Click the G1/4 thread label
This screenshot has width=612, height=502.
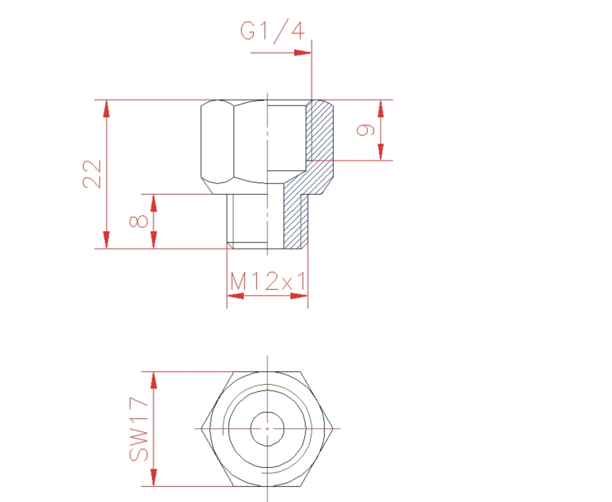[272, 31]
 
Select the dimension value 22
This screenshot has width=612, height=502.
[93, 173]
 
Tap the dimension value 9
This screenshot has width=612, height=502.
[366, 130]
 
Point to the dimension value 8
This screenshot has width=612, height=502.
[138, 221]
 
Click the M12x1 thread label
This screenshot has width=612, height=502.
[267, 282]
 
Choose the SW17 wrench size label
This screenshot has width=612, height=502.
[138, 430]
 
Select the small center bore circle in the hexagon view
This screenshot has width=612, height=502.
[267, 429]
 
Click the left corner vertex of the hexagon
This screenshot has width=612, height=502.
[201, 429]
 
